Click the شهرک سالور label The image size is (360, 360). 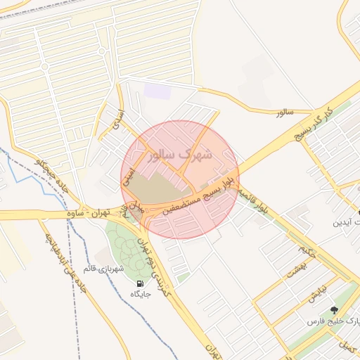181,154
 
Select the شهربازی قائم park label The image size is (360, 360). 103,268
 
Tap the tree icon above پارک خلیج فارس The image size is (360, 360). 333,309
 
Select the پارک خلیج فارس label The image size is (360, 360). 333,321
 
